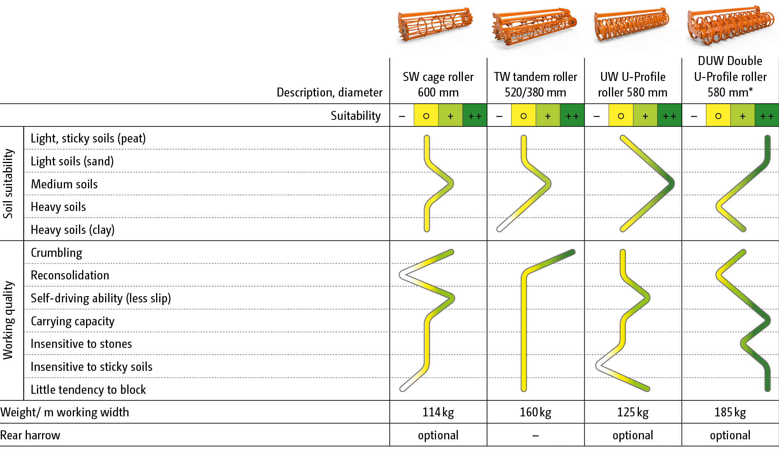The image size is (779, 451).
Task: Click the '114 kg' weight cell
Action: click(438, 412)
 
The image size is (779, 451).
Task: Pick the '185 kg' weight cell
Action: click(730, 412)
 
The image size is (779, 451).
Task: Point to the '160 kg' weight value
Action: click(535, 412)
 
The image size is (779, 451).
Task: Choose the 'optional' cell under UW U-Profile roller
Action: click(633, 435)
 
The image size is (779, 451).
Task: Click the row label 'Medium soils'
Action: click(64, 184)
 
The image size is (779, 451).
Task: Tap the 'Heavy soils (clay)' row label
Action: click(72, 230)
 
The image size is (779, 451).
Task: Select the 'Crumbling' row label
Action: click(56, 253)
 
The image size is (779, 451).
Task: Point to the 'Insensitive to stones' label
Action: click(81, 344)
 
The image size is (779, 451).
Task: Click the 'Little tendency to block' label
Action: click(88, 390)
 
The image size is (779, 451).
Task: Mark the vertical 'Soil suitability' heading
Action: click(9, 184)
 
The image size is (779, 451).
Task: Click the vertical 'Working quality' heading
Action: click(9, 320)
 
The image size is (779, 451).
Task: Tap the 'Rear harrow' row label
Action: click(30, 435)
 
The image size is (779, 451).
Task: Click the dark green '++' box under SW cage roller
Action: click(475, 116)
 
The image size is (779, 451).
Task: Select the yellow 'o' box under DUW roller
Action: click(718, 116)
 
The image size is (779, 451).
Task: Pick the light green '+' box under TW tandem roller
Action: click(548, 116)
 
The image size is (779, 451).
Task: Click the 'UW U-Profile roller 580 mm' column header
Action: click(633, 84)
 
